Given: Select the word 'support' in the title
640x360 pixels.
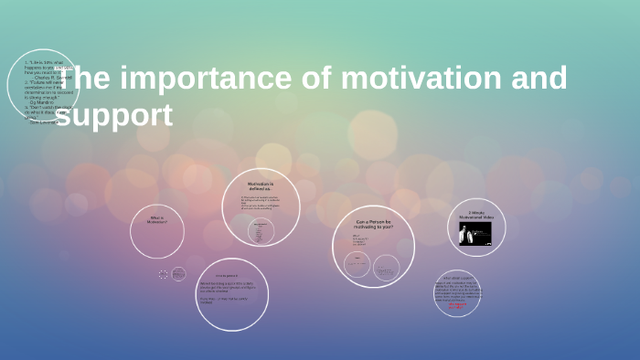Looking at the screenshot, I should tap(115, 116).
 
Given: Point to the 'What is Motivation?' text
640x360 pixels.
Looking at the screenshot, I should tap(157, 220).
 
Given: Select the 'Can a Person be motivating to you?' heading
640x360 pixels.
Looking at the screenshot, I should tap(373, 224).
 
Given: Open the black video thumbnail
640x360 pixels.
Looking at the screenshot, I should tap(475, 235).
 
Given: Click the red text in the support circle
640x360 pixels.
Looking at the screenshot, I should tap(457, 307).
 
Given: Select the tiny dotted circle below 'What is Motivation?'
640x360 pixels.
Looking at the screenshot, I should tap(163, 273).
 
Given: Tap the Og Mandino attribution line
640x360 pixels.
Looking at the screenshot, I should tap(42, 102).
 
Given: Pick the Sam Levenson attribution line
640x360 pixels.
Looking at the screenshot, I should tap(44, 122).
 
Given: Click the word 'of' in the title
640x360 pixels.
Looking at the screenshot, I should tap(304, 79).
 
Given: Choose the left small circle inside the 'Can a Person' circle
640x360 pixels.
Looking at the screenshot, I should tap(357, 265).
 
